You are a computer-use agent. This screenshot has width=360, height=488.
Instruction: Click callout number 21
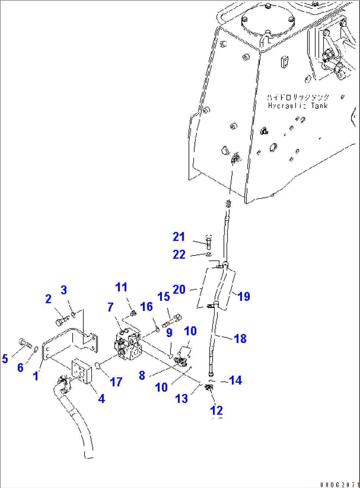click(179, 237)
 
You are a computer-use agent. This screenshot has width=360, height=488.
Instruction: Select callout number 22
click(179, 254)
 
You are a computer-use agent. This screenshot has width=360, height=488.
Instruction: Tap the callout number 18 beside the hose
click(240, 338)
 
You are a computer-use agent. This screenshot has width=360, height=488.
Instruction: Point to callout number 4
click(101, 398)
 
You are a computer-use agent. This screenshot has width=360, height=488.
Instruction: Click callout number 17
click(116, 382)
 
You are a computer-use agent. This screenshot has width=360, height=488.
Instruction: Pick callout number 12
click(216, 410)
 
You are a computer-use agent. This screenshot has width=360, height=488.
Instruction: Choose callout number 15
click(164, 296)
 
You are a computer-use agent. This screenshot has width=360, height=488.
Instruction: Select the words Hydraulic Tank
click(298, 106)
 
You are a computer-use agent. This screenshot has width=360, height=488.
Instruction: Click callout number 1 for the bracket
click(35, 376)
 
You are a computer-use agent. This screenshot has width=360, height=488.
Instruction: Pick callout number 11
click(121, 287)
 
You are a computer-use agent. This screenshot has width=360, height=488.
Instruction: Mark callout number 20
click(179, 289)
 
